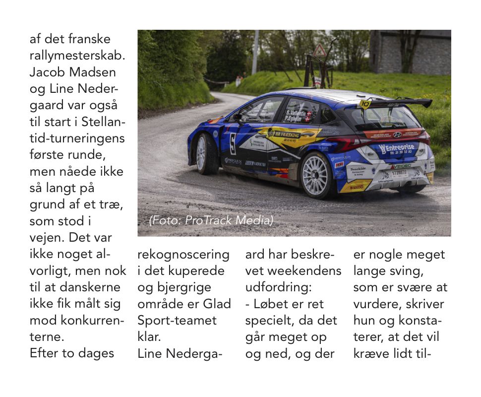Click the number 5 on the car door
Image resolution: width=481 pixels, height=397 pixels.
[x=233, y=143]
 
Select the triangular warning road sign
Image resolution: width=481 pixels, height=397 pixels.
[x=320, y=51]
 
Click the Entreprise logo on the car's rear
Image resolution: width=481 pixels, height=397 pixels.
[x=397, y=148]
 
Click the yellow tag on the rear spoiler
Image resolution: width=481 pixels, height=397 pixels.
[x=365, y=103]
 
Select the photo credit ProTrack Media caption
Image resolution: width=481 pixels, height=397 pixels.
[x=211, y=220]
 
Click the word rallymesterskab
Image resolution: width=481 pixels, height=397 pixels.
[x=77, y=55]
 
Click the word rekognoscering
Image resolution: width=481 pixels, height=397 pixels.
[x=183, y=255]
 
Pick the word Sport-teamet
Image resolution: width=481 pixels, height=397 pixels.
[x=177, y=320]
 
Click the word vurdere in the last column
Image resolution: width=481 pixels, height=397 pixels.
[x=372, y=304]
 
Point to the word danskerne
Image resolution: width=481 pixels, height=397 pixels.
[x=90, y=287]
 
